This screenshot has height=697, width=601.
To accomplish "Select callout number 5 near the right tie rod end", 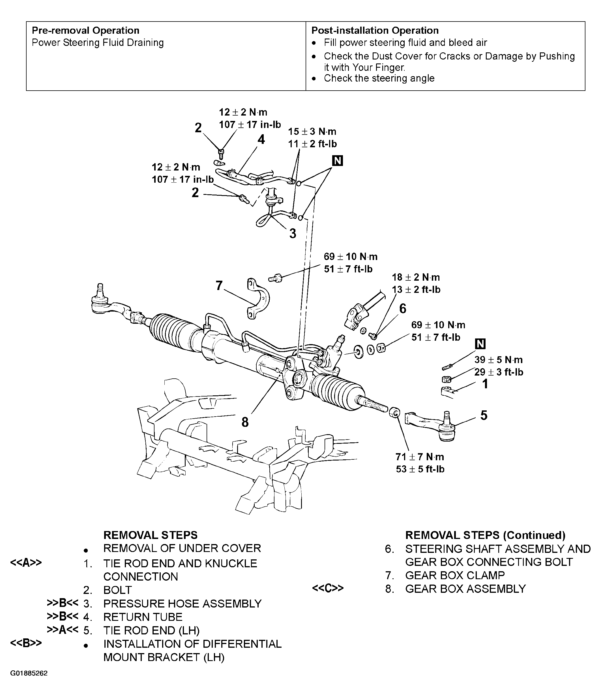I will coord(484,415).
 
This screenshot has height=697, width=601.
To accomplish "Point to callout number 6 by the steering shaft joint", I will coord(403,308).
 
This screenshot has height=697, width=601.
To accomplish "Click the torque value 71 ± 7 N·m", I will coord(420,457).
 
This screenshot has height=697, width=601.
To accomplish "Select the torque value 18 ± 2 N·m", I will coord(416,277).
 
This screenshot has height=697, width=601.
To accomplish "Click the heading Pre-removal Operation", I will coord(85,31).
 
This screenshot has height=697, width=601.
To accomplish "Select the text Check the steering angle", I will coord(379,78).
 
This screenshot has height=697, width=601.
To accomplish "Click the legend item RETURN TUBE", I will coord(143,617).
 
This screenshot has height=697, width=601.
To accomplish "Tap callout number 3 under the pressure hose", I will coord(293,233).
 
